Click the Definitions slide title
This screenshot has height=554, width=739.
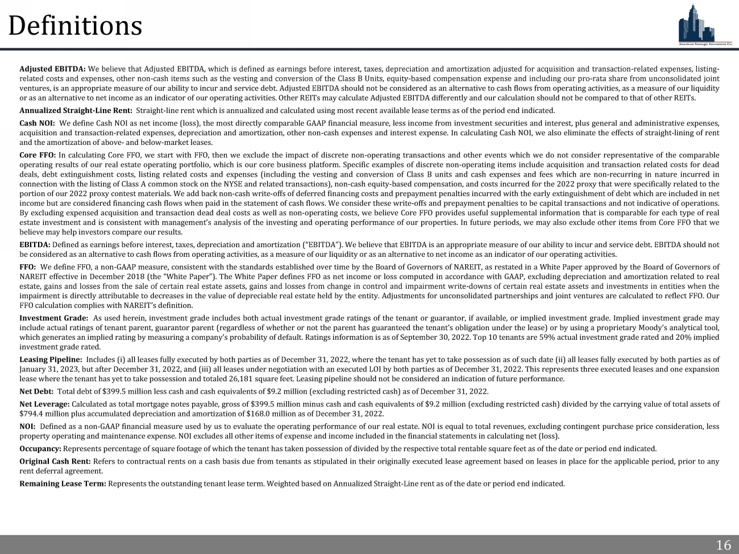point(75,26)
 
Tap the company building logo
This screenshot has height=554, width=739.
point(705,24)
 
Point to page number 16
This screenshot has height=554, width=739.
point(723,545)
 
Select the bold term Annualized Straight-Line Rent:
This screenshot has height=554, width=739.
point(76,110)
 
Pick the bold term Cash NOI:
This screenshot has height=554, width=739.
point(37,123)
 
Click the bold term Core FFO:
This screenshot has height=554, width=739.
point(38,155)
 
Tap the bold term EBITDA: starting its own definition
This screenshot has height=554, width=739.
point(35,244)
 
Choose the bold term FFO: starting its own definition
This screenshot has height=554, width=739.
point(28,266)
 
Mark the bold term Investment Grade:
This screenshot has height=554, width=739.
point(53,318)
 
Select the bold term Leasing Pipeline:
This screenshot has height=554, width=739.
point(51,359)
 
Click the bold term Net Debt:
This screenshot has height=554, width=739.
point(36,391)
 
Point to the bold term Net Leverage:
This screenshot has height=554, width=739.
point(44,404)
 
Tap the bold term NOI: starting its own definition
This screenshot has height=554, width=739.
point(27,426)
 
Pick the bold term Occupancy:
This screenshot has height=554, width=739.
point(40,448)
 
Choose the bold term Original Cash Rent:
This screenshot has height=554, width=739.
point(55,461)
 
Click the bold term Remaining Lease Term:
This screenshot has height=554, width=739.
point(63,484)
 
